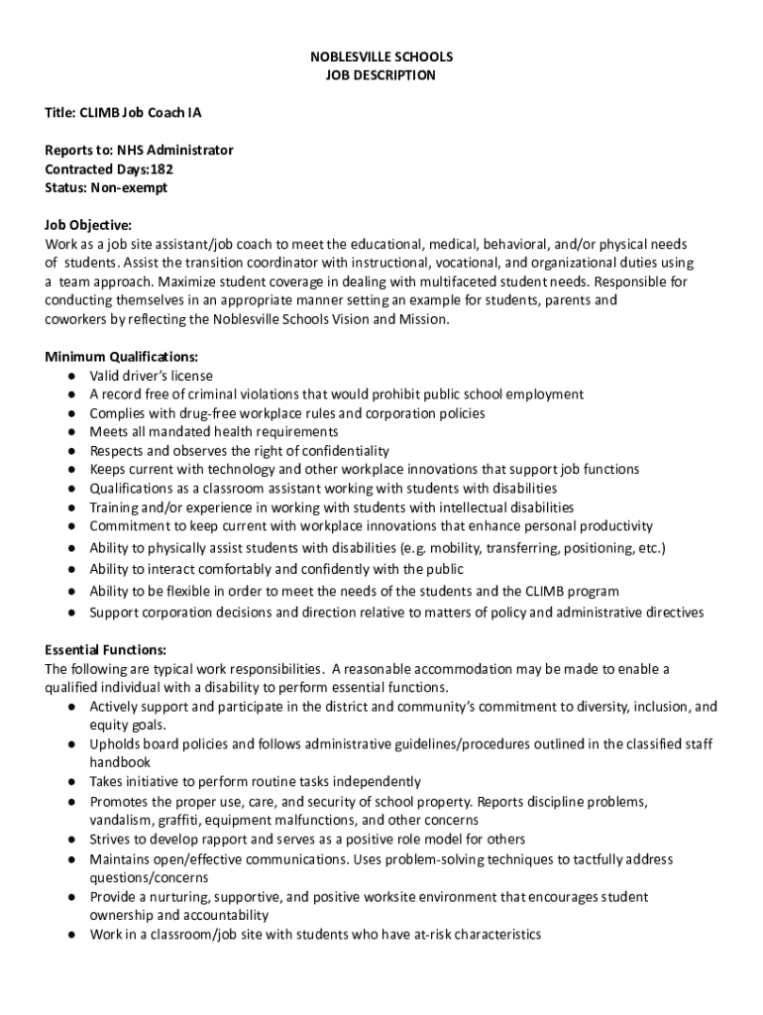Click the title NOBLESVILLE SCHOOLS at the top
[x=381, y=57]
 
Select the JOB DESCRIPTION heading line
[x=381, y=75]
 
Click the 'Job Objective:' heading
[x=88, y=225]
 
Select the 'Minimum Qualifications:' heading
[x=122, y=357]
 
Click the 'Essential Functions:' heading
[x=106, y=650]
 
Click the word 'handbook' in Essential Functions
[x=120, y=762]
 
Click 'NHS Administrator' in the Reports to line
[x=175, y=151]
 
